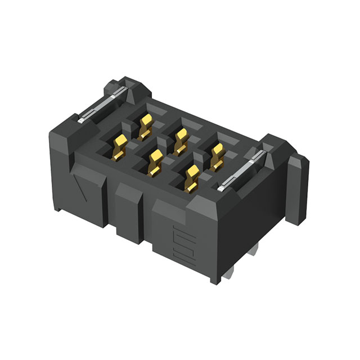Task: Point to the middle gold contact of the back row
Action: (x=180, y=139)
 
